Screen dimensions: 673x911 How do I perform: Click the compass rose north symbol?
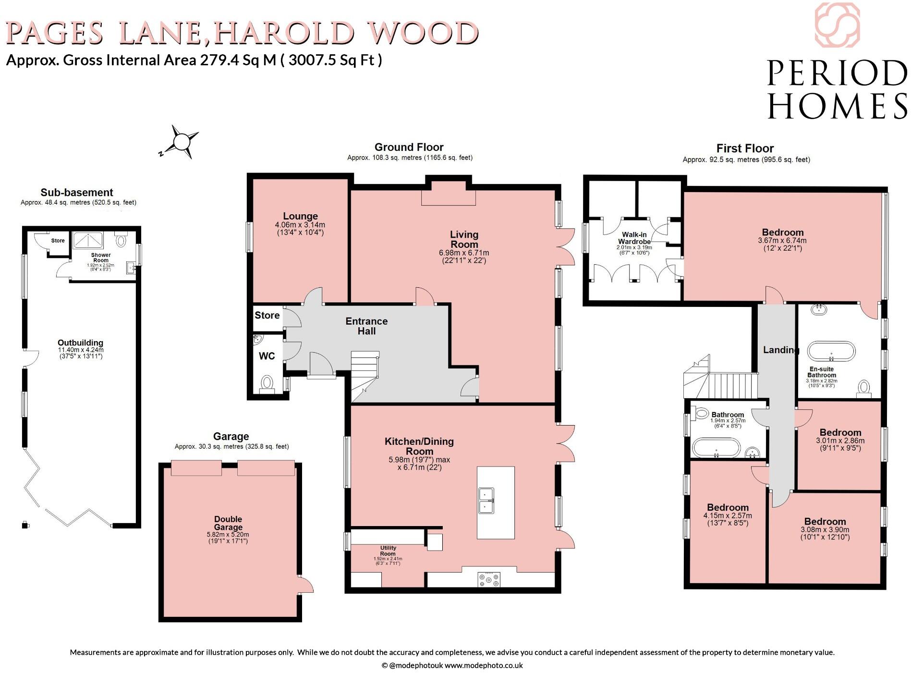click(181, 142)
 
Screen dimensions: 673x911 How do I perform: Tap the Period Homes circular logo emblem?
click(837, 25)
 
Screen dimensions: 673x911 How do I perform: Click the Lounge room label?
click(300, 216)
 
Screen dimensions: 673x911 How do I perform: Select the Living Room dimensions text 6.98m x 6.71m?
click(464, 253)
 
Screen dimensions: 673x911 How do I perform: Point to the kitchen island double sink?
click(486, 500)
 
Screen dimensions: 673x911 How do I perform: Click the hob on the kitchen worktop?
click(489, 579)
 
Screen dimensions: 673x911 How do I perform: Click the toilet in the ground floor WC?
click(267, 383)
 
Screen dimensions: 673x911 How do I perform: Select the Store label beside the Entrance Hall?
click(267, 315)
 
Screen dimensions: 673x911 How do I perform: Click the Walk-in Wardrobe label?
click(634, 238)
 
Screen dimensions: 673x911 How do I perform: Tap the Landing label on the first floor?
click(780, 350)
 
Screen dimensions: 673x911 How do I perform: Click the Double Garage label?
click(228, 523)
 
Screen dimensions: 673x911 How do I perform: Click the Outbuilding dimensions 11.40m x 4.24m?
click(81, 350)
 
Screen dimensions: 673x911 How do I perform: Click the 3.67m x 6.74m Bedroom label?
click(782, 232)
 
